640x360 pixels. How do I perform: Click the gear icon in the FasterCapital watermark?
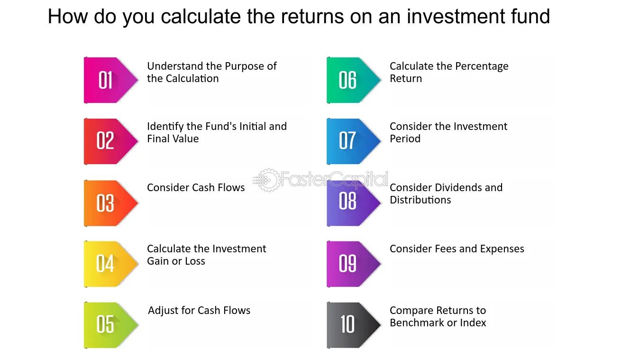[268, 180]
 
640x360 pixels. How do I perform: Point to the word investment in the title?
[456, 16]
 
